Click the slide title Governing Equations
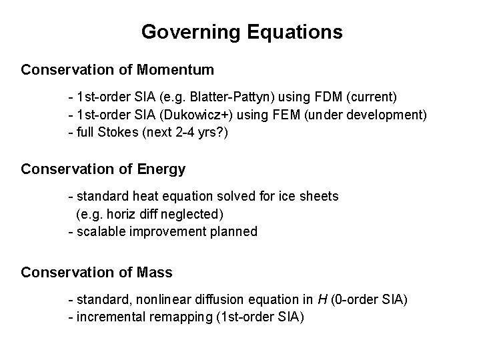coord(242,31)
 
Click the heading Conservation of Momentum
coord(117,69)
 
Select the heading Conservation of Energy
coord(103,169)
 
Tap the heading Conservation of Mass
coord(97,273)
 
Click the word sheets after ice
coord(320,197)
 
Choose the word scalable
coord(97,231)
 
